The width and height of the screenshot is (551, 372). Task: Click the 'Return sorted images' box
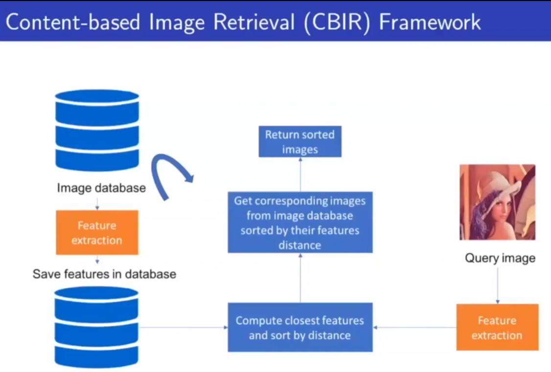[299, 142]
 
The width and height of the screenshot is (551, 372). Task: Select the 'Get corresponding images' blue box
[299, 222]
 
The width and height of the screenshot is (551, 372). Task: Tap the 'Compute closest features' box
[299, 328]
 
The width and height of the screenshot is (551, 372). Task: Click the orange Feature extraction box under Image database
[97, 233]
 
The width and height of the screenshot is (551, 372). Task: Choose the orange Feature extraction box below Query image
[497, 328]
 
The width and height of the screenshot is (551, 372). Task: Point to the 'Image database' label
[101, 188]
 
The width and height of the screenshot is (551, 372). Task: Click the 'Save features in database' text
[104, 274]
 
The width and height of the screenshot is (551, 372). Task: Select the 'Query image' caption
[500, 258]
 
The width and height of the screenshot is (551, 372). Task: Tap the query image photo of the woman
[497, 202]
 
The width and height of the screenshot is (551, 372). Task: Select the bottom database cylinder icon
[97, 327]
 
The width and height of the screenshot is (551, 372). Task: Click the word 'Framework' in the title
[430, 22]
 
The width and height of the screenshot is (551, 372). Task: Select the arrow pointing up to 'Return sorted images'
[300, 175]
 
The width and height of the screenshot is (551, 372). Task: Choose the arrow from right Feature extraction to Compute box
[414, 328]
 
